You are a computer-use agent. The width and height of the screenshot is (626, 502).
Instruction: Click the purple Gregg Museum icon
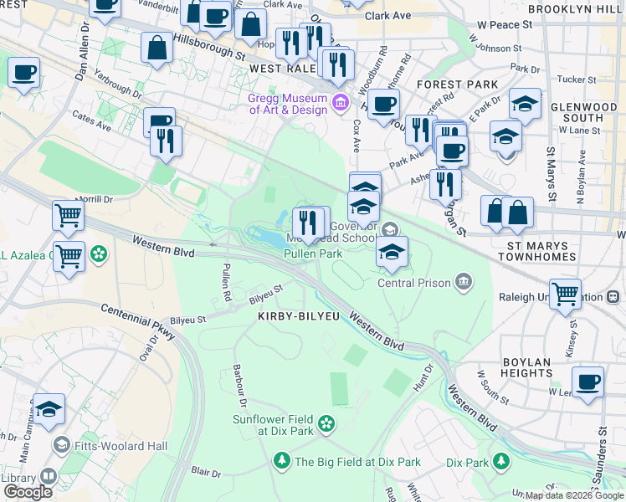(x=341, y=104)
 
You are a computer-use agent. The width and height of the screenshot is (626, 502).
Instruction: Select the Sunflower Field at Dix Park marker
(x=327, y=425)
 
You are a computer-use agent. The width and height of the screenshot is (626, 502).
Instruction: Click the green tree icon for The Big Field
(x=282, y=461)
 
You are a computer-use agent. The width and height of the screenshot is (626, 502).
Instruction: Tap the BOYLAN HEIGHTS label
(x=528, y=369)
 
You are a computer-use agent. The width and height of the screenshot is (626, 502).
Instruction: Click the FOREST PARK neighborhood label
(x=456, y=85)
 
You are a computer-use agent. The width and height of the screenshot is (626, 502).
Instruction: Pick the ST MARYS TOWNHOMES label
(x=544, y=252)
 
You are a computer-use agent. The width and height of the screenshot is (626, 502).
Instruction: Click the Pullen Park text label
(x=312, y=254)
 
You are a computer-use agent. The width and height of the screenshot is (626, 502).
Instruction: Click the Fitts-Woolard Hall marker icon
(x=61, y=444)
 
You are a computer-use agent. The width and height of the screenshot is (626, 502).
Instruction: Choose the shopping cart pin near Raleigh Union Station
(x=567, y=294)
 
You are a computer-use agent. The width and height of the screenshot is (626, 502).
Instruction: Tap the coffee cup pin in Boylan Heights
(x=588, y=381)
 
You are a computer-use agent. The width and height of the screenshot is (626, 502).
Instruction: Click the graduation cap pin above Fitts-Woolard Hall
(x=49, y=409)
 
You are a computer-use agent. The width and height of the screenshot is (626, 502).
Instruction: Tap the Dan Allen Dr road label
(x=83, y=52)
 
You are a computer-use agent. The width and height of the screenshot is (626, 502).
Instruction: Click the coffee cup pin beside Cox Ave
(x=383, y=105)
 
